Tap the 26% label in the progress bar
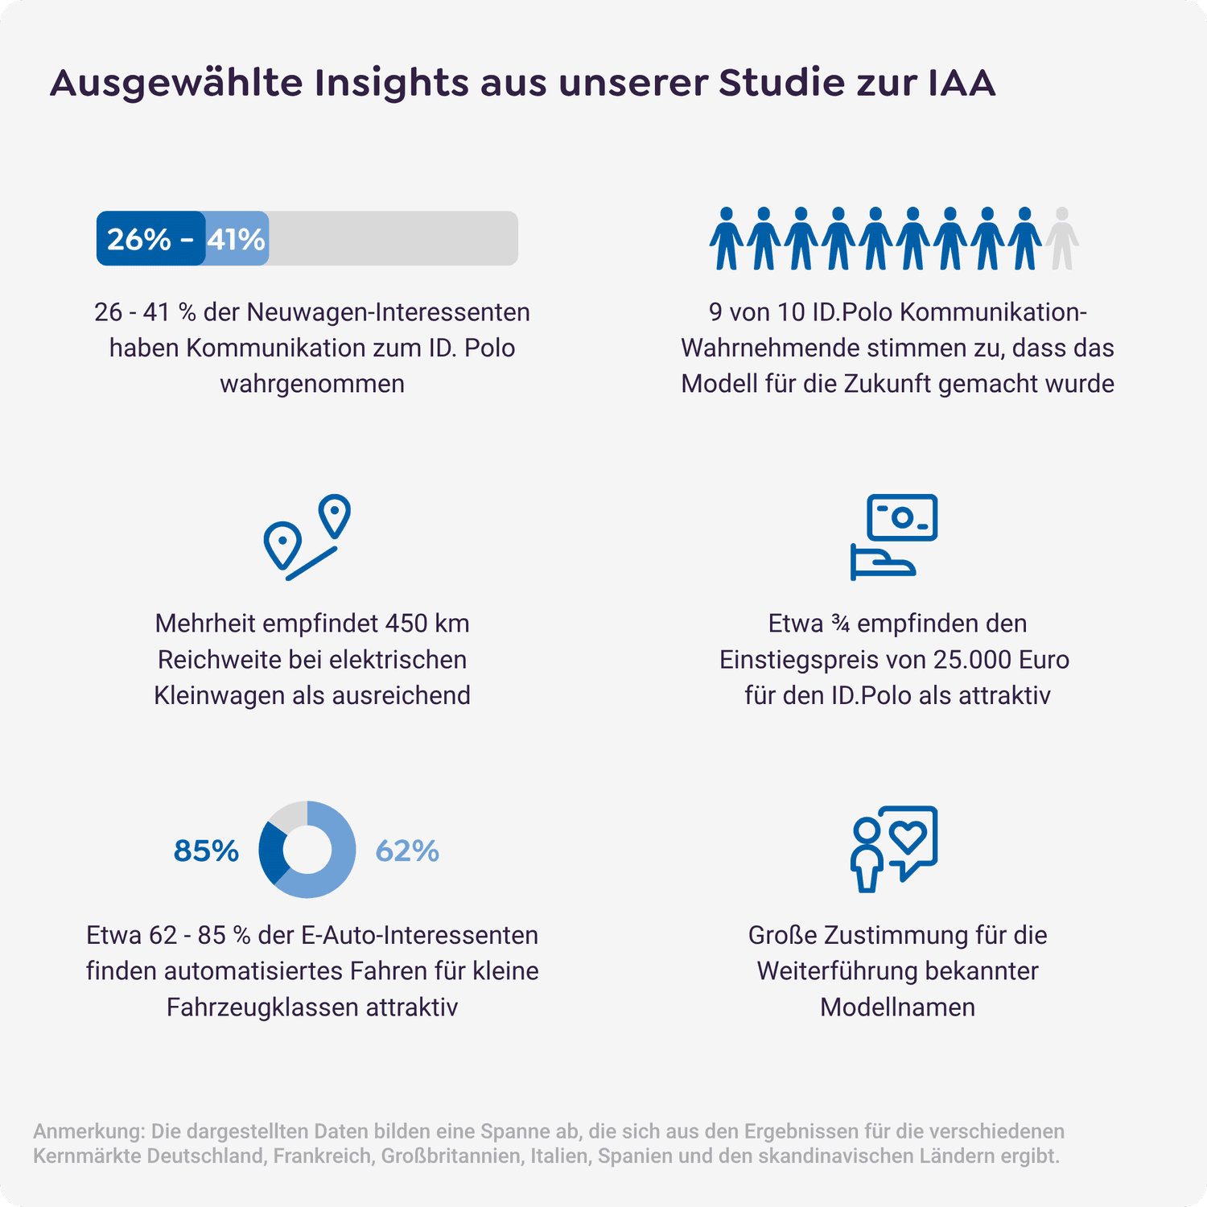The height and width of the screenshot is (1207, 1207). point(138,239)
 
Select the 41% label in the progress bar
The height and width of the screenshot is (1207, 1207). point(236,239)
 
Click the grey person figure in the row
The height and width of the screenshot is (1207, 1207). point(1061,238)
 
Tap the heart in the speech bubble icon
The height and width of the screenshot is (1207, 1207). point(909,837)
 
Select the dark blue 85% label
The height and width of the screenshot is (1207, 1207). point(206,851)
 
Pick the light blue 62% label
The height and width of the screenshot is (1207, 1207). point(407,851)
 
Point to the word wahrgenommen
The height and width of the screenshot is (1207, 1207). point(312,384)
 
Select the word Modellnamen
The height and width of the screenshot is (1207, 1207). point(897,1007)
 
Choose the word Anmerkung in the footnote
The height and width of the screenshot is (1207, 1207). point(89,1131)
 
